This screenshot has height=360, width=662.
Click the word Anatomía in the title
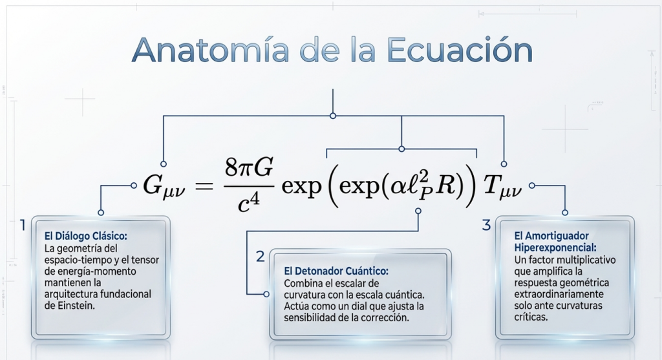[210, 50]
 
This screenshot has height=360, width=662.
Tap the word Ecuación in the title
[460, 50]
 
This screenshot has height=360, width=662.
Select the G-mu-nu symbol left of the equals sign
[164, 186]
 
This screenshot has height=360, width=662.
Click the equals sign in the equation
[204, 185]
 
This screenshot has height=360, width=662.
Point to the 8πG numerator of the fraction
[249, 167]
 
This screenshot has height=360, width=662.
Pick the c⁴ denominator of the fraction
[248, 203]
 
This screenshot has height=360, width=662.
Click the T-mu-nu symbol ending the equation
[502, 186]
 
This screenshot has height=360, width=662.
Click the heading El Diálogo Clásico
[86, 236]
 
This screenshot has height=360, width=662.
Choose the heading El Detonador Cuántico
[336, 271]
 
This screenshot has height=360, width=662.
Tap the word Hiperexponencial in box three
[555, 248]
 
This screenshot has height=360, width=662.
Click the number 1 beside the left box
[23, 225]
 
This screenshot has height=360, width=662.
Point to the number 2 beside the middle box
[261, 256]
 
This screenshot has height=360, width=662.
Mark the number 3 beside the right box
[486, 225]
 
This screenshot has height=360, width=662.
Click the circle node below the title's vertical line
[333, 116]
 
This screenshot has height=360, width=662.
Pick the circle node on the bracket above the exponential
[401, 149]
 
